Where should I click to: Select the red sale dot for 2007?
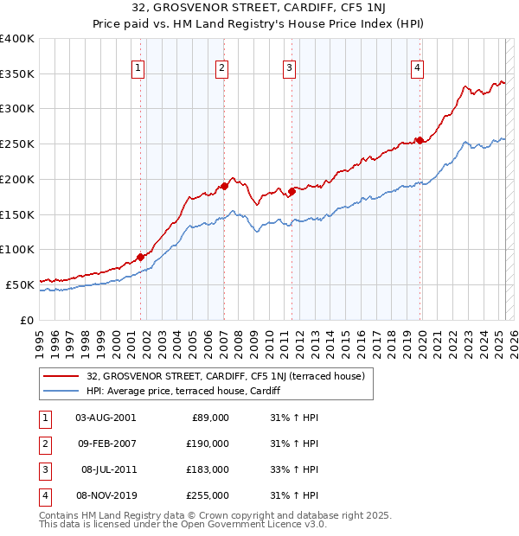point(224,185)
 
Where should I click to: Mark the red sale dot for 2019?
point(420,140)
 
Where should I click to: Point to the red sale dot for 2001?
point(140,256)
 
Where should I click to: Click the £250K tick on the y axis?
point(17,144)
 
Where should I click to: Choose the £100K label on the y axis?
point(17,249)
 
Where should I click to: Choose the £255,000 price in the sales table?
point(208,495)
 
